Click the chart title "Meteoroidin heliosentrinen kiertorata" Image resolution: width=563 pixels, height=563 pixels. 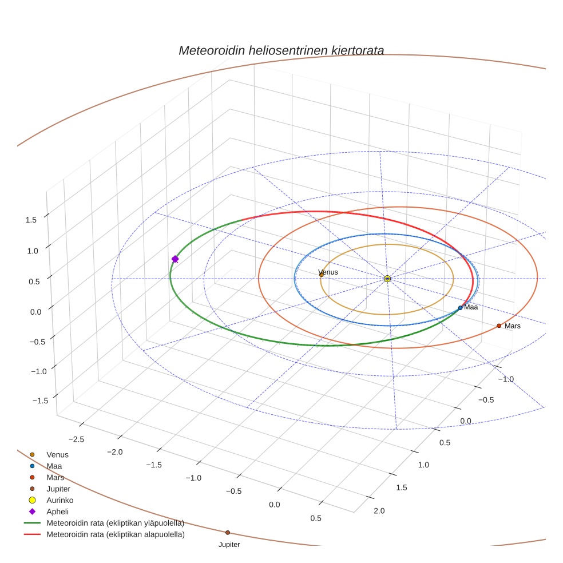point(281,50)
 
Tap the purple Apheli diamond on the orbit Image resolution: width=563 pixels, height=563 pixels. point(175,259)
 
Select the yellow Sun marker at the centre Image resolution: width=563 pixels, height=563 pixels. point(387,278)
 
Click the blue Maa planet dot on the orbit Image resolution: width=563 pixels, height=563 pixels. point(460,308)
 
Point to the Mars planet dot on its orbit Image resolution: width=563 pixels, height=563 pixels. point(499,326)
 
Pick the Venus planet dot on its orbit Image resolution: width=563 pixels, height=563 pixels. point(321,275)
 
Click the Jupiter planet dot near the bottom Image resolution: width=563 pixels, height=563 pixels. point(228,533)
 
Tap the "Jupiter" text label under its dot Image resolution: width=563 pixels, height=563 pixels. point(229,545)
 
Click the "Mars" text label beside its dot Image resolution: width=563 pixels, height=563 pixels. point(513,326)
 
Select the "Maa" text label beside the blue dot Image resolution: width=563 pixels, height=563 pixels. point(471,307)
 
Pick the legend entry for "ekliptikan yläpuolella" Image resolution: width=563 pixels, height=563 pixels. point(115,523)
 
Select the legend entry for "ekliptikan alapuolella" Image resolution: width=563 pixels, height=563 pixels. point(115,534)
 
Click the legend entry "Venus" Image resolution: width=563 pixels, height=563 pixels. point(57,454)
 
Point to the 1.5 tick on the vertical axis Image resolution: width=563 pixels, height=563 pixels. point(31,220)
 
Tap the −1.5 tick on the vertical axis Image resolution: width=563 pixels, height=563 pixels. point(31,401)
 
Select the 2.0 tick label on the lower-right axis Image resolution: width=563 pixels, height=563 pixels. point(378,511)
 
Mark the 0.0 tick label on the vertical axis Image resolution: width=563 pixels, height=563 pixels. point(35,311)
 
